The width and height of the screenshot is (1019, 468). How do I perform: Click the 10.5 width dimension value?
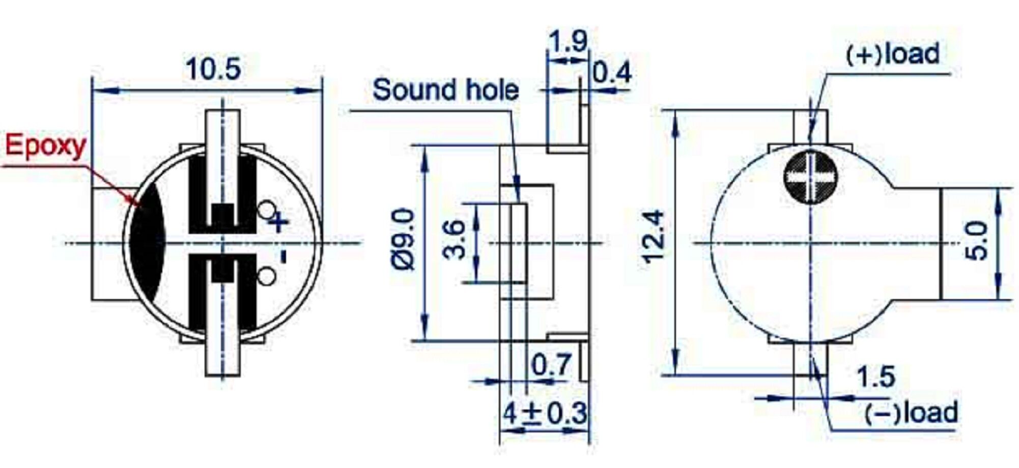(213, 69)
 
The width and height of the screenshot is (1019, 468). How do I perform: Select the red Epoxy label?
(46, 146)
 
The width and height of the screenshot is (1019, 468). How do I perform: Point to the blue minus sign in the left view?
(283, 255)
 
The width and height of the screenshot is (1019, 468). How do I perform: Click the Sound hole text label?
(445, 90)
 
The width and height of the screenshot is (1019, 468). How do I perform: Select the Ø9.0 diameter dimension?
(405, 239)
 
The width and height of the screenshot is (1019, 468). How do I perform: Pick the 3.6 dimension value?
(454, 240)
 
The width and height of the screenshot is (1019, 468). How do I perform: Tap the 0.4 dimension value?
(612, 73)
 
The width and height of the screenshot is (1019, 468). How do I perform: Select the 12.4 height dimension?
(654, 237)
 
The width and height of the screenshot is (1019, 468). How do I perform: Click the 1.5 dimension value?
(875, 377)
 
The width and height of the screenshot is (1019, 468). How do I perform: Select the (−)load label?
(911, 413)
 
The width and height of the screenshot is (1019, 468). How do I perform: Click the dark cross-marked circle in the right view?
(810, 177)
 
